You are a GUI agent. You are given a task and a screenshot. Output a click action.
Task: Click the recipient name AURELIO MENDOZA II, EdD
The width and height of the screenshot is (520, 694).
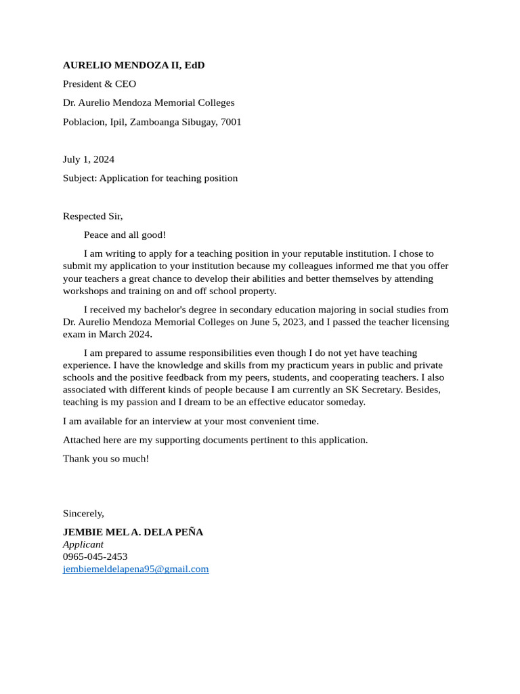click(x=133, y=65)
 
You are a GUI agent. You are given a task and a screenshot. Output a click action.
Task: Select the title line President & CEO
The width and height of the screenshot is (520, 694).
click(x=100, y=84)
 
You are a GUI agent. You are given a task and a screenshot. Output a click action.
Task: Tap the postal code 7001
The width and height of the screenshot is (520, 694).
click(x=231, y=122)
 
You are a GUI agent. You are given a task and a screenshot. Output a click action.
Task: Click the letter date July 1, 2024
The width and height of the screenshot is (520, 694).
click(x=89, y=159)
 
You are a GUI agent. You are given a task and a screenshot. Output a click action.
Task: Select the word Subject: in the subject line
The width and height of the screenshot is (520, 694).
click(x=80, y=178)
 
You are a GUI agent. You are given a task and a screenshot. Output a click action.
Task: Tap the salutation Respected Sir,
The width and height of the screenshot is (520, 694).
click(x=93, y=216)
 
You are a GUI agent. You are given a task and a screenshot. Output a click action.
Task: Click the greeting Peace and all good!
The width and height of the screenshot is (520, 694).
click(x=125, y=235)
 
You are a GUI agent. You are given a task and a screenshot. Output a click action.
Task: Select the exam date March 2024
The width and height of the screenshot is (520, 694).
click(x=125, y=335)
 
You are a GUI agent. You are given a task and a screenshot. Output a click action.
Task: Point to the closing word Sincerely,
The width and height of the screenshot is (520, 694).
click(x=83, y=514)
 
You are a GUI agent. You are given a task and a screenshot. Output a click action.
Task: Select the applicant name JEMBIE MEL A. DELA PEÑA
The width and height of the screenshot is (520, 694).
click(x=133, y=532)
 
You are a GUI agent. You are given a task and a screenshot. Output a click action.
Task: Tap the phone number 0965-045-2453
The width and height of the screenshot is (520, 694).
click(x=95, y=556)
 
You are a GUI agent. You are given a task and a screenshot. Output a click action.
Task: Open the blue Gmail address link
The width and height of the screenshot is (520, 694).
click(x=135, y=569)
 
